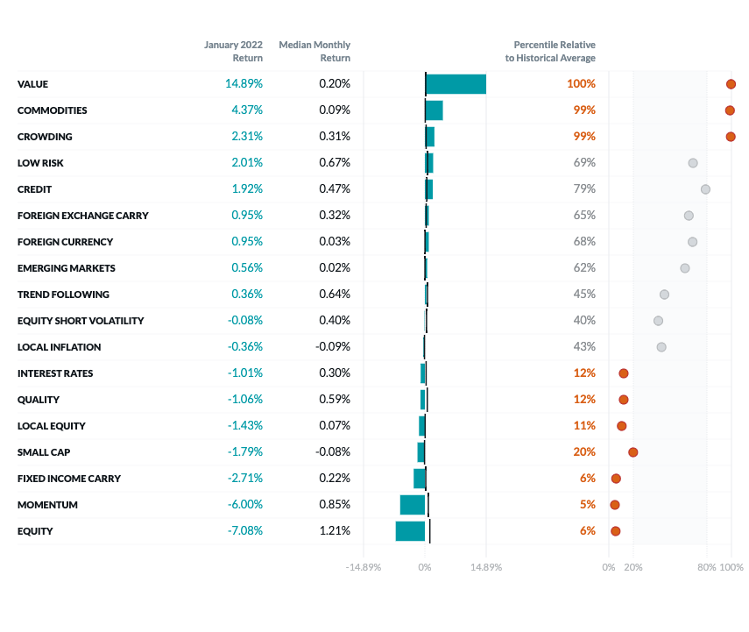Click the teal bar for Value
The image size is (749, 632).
point(456,84)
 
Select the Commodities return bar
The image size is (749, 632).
point(434,110)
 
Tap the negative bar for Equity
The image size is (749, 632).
point(410,531)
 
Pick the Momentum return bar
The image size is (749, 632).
point(413,505)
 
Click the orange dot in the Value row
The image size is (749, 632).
point(731,84)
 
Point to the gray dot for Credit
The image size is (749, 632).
point(705,189)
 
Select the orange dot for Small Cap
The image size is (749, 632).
point(632,452)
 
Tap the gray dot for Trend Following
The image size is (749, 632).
point(664,295)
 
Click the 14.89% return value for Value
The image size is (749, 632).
point(244,84)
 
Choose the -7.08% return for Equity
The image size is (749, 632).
point(244,531)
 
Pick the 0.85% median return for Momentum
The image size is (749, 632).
point(334,505)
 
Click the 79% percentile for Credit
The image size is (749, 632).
point(584,189)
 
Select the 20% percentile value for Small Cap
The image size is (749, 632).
point(584,452)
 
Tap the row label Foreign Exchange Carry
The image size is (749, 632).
point(83,216)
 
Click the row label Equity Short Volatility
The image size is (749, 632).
point(81,321)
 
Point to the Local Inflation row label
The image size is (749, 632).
point(59,347)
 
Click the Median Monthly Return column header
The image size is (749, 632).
point(314,51)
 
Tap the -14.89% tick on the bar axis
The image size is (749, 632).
point(364,567)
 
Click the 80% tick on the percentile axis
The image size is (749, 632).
point(706,567)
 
